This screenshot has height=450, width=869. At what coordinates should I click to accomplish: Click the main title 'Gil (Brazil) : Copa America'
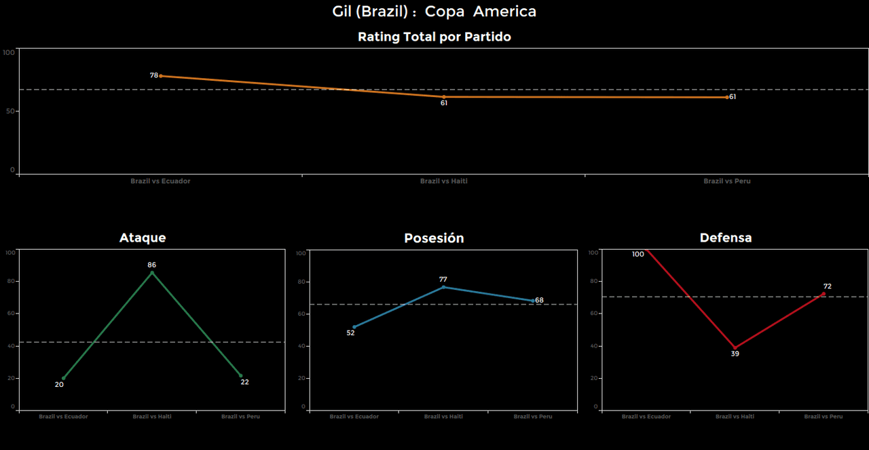click(x=434, y=12)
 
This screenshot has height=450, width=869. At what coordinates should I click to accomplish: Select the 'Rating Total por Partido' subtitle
click(x=434, y=37)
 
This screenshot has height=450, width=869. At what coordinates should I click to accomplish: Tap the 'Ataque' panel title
click(x=143, y=238)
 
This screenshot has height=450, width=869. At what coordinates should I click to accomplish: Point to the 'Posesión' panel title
click(x=434, y=238)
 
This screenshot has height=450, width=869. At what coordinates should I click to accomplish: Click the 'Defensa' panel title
click(x=726, y=238)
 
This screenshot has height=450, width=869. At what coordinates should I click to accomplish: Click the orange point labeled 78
click(x=160, y=76)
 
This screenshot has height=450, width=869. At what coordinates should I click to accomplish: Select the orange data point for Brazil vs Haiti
click(x=444, y=97)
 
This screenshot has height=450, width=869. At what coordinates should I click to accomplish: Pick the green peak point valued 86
click(x=152, y=272)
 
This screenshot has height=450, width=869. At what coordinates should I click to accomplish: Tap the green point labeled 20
click(x=64, y=378)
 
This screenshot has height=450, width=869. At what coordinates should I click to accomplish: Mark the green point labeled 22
click(x=240, y=375)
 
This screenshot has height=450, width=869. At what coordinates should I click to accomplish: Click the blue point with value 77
click(x=443, y=287)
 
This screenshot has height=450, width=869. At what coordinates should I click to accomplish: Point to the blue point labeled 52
click(x=354, y=326)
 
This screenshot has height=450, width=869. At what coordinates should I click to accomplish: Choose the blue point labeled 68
click(x=533, y=301)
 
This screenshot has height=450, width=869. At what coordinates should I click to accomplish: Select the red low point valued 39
click(x=735, y=348)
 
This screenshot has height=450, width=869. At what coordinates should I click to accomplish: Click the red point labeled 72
click(x=824, y=294)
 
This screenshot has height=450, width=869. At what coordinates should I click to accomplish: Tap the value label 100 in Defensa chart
click(x=637, y=255)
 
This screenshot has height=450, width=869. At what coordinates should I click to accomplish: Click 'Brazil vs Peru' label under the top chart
click(x=727, y=181)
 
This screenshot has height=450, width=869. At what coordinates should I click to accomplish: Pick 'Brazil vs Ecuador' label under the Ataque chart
click(x=63, y=416)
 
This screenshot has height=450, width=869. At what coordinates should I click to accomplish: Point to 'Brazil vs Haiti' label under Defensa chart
click(x=735, y=416)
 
